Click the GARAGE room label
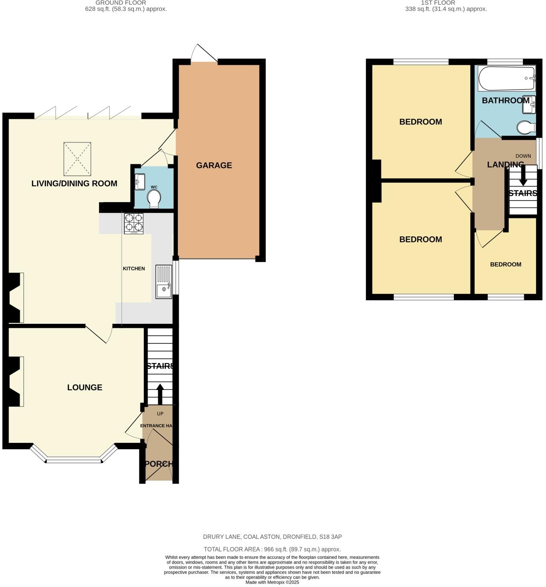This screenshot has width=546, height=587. coord(214,166)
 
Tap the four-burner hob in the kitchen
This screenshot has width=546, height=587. coord(134,223)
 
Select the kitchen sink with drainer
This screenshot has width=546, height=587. coord(164,282)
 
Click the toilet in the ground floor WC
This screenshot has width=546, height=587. coord(154,199)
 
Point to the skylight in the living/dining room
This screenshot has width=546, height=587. coord(78,159)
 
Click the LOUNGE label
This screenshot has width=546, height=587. coord(84,387)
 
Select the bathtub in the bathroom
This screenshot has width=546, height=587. coord(506,78)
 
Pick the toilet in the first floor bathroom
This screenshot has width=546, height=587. coord(526,127)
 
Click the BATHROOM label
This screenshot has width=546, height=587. coord(505,101)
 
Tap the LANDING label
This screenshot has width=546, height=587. coord(505,164)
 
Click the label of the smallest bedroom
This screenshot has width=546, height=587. coord(505,264)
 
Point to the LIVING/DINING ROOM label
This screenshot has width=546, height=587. coord(74,183)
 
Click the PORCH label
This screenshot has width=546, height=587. coord(159,464)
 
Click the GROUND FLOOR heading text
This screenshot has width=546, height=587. coord(121,3)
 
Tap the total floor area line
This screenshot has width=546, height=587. coord(272,549)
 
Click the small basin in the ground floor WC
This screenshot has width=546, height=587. coord(139,182)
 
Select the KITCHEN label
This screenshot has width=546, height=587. coord(134,269)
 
